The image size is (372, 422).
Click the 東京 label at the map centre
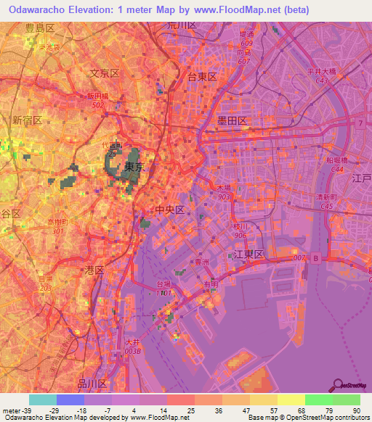[134, 167]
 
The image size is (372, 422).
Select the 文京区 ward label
[104, 74]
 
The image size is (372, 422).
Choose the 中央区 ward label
[171, 210]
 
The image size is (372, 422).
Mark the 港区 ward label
[94, 270]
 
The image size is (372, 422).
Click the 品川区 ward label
[92, 384]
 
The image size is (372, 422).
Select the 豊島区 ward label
[40, 28]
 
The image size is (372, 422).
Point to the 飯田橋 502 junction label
[98, 99]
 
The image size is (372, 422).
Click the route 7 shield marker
[360, 124]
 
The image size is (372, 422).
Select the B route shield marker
[316, 258]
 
